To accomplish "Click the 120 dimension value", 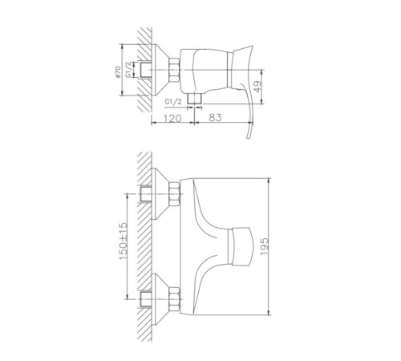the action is (x=172, y=118).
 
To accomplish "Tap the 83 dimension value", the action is (x=215, y=117).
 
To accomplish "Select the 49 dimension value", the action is (x=257, y=87).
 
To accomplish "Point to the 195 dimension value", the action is (x=265, y=246).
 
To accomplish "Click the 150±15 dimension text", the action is (x=124, y=241).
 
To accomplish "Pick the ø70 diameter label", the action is (x=118, y=72).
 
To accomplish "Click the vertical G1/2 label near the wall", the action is (x=128, y=70).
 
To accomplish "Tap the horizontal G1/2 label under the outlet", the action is (x=173, y=102).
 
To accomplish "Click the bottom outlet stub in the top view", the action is (x=194, y=98).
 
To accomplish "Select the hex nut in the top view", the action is (x=174, y=70).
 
